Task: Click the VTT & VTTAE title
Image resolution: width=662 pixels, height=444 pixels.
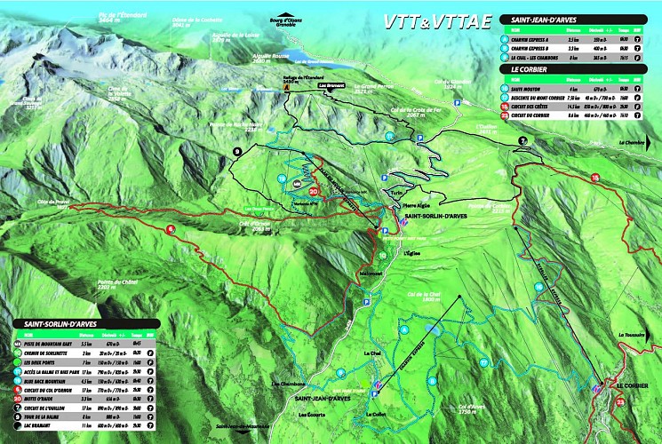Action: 435,20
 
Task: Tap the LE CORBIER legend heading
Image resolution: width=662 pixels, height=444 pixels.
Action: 533,68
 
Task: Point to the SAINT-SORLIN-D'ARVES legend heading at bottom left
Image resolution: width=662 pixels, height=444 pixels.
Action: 53,323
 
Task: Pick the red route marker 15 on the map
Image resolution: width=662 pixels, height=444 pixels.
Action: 594,178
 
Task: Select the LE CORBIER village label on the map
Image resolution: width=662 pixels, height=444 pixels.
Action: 632,386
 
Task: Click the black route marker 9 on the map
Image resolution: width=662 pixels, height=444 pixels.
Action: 236,152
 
